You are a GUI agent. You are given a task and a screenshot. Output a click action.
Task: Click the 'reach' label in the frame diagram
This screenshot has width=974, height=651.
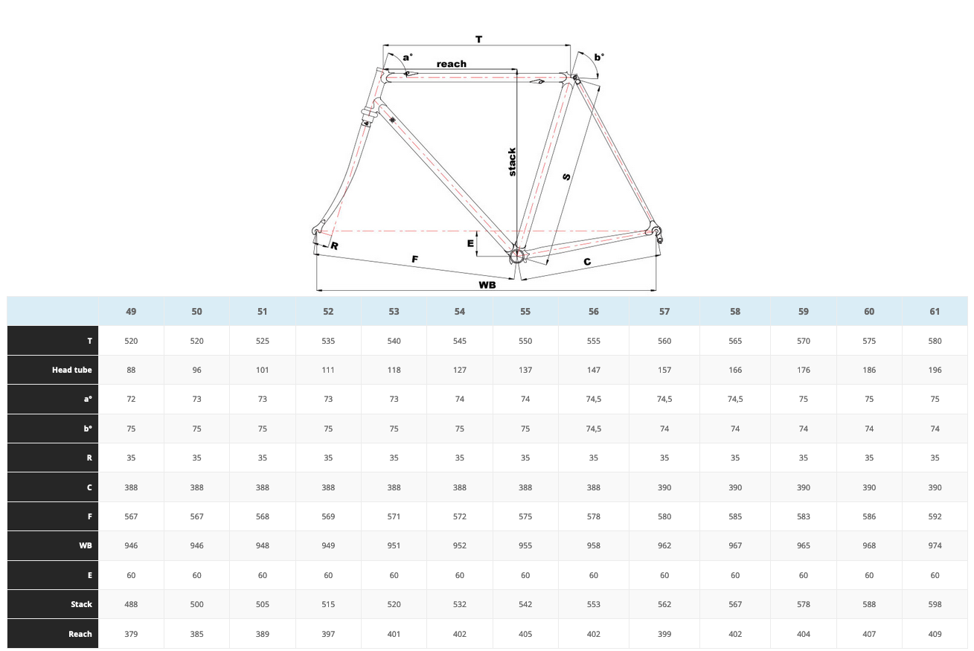click(452, 64)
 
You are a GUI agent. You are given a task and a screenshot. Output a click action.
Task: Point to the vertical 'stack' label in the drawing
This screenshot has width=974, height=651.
click(512, 161)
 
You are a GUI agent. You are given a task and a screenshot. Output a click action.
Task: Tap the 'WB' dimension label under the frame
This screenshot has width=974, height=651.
click(487, 285)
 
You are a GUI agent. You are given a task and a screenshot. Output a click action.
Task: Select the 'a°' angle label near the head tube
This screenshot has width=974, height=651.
click(408, 57)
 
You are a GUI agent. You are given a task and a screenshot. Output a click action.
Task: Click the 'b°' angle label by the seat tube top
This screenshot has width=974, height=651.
click(599, 57)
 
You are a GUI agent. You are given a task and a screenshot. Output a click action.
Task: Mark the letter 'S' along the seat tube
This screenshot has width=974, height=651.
click(567, 176)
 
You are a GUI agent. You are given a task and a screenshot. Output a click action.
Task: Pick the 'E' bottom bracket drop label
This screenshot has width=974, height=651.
click(470, 243)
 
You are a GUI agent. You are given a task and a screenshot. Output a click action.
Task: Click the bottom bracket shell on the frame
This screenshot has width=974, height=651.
click(517, 256)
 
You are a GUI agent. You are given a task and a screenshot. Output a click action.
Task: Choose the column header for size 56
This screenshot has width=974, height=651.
click(593, 311)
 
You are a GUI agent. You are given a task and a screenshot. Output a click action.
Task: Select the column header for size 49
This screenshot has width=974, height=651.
click(131, 311)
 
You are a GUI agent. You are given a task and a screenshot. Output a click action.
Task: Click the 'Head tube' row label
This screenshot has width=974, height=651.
click(72, 370)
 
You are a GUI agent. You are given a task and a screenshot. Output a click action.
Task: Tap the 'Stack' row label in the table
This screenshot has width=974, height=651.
click(81, 604)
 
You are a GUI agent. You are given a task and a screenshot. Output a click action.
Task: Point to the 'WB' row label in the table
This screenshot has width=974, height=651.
click(86, 545)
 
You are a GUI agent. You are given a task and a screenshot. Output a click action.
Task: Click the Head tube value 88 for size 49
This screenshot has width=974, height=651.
click(131, 370)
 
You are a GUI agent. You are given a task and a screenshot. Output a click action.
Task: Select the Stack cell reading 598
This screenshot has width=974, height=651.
click(935, 604)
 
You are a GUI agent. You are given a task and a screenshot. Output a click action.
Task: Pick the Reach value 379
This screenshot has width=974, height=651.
click(131, 634)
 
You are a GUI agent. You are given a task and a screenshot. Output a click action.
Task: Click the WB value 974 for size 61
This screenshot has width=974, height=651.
click(935, 545)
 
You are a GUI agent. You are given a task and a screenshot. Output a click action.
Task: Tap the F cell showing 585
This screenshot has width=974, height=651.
click(735, 516)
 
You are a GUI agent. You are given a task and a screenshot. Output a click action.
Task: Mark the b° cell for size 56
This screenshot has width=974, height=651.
click(593, 429)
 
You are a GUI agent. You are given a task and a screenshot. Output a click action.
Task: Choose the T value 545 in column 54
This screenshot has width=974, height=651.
click(460, 341)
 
